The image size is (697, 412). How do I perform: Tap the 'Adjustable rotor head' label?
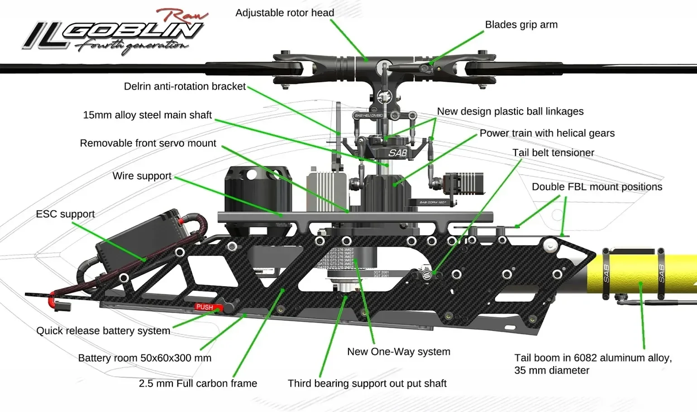(285, 13)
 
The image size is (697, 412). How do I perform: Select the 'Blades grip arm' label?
(521, 25)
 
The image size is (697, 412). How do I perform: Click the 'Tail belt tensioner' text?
(553, 153)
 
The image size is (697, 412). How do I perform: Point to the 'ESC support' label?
(65, 214)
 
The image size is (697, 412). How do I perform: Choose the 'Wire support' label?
(142, 176)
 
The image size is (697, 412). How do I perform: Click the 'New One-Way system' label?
(398, 352)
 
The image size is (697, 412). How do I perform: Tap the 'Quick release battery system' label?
(103, 331)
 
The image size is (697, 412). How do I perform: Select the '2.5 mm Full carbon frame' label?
(198, 383)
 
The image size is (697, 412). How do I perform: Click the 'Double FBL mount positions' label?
(597, 187)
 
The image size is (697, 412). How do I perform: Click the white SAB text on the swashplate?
(397, 153)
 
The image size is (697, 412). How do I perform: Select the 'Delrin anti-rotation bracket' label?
(185, 86)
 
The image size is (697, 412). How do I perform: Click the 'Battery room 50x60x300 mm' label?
(144, 358)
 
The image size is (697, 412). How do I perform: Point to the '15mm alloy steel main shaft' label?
(147, 115)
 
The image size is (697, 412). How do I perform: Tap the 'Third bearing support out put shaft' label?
(367, 383)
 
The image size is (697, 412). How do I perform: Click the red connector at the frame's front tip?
(53, 299)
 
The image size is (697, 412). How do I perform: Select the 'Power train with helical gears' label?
(547, 133)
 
